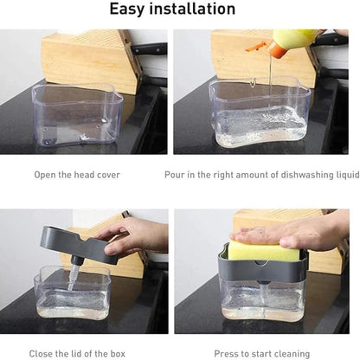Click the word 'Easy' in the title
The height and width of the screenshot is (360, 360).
126,10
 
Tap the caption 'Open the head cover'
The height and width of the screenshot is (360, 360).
77,175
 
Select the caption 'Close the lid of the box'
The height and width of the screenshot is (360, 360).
77,354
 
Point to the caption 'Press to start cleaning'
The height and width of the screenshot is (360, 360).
262,354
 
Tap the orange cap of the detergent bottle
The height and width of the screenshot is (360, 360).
278,49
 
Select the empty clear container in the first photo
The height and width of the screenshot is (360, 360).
77,114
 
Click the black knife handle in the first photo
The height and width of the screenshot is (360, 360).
150,48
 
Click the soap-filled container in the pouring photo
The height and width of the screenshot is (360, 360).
260,114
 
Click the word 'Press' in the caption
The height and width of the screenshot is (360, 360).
225,354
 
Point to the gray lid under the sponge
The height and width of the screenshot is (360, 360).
262,267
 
